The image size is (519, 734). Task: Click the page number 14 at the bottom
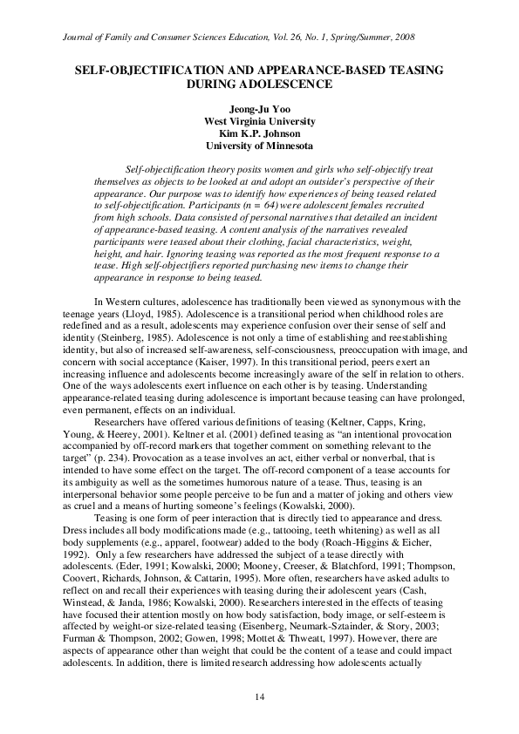[x=259, y=697]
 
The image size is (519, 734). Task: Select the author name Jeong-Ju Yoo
[x=259, y=109]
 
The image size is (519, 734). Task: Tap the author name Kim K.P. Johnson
[x=259, y=133]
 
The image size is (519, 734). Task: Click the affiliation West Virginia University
[x=259, y=121]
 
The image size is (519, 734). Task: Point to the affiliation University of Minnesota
[x=259, y=146]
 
